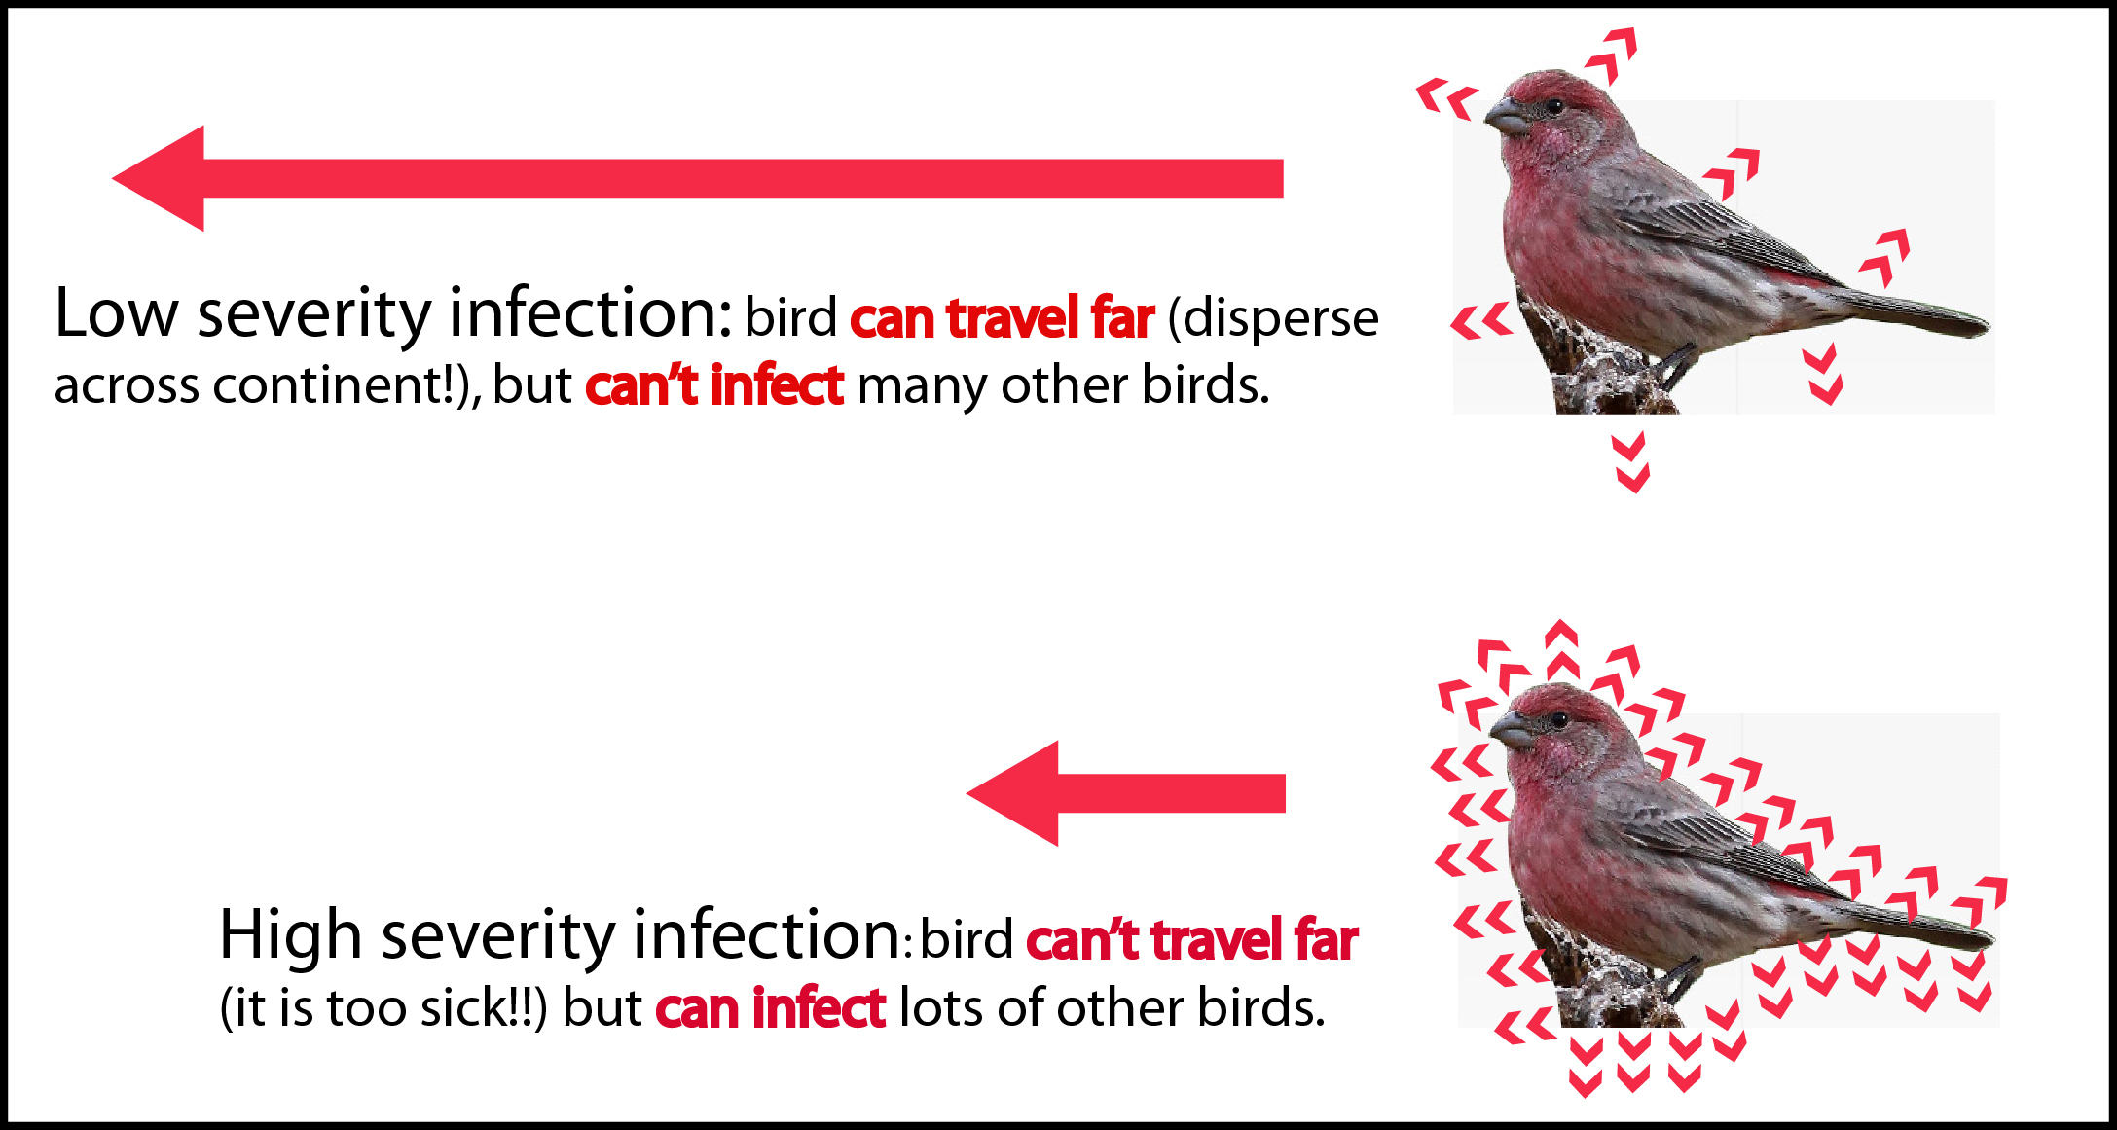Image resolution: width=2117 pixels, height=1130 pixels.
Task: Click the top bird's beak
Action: (1506, 116)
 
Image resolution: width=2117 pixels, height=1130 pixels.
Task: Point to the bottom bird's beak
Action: (1512, 729)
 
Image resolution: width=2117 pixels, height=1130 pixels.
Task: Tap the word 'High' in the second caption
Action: (291, 935)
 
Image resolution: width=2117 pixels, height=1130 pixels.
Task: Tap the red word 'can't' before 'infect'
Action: (642, 384)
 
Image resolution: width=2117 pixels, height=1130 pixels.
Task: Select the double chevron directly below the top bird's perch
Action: (1631, 463)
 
